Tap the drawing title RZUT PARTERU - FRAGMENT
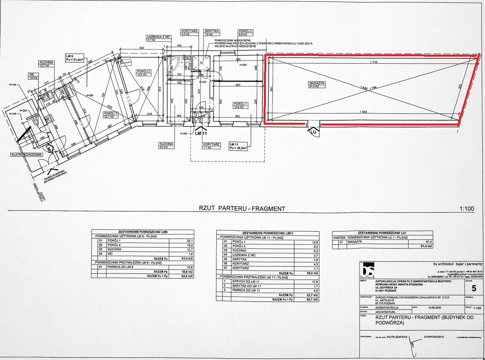pyautogui.click(x=242, y=209)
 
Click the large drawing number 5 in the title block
pyautogui.click(x=474, y=289)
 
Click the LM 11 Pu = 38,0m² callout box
pyautogui.click(x=240, y=147)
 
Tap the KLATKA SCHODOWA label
pyautogui.click(x=26, y=155)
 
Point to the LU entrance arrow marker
pyautogui.click(x=313, y=131)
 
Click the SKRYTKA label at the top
pyautogui.click(x=211, y=31)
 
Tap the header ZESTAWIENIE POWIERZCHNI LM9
pyautogui.click(x=143, y=232)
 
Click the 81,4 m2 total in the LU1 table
pyautogui.click(x=426, y=246)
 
